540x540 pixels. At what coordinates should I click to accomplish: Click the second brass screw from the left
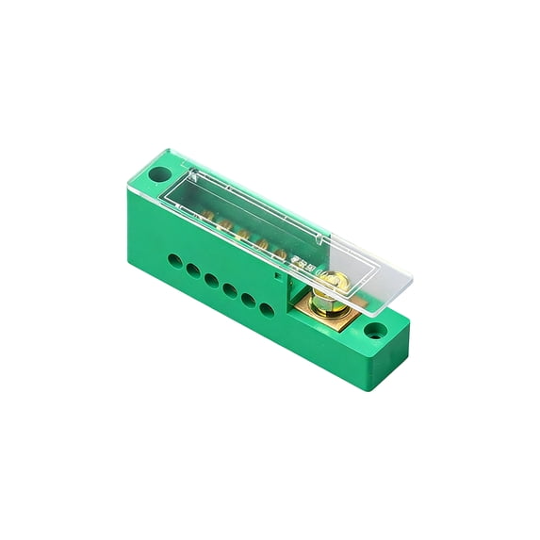tap(223, 225)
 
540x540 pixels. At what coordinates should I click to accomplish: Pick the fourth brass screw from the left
tap(263, 244)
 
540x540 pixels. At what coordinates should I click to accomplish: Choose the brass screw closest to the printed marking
tap(283, 254)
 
